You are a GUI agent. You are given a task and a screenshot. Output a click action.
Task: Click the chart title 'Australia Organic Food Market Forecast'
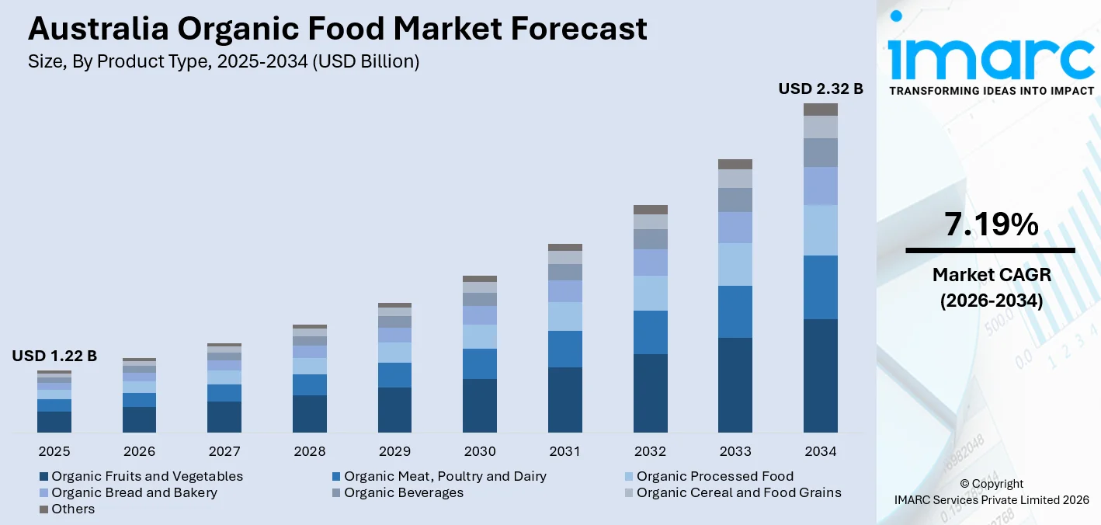(x=337, y=29)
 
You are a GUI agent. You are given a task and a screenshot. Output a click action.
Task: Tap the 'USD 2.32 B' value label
(x=821, y=89)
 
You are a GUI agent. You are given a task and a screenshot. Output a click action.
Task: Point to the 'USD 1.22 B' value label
(x=54, y=356)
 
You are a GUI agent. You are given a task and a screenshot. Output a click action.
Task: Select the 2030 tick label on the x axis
(x=480, y=451)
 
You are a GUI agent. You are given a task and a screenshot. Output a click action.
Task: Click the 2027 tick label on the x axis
(x=224, y=451)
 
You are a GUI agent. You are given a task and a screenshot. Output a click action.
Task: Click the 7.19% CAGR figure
(x=991, y=224)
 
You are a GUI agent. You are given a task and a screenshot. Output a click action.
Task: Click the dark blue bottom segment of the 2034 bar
(x=821, y=375)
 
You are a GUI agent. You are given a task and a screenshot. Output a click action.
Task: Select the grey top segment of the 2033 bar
(x=735, y=164)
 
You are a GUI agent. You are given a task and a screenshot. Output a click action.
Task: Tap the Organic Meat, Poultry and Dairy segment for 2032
(x=650, y=332)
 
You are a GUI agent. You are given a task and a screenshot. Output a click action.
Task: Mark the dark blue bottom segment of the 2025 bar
(x=54, y=422)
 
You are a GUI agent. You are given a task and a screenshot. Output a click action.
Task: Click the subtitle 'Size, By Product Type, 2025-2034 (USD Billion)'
(x=224, y=62)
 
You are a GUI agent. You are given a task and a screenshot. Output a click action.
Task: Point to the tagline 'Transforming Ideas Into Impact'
(x=991, y=91)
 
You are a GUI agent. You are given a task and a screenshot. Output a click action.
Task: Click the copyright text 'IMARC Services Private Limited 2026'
(x=991, y=499)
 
